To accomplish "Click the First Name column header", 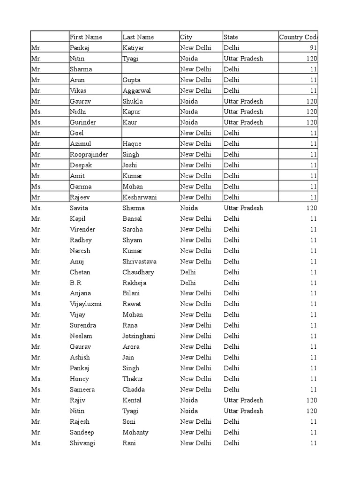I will pyautogui.click(x=86, y=37).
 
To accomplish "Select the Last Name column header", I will pyautogui.click(x=138, y=37).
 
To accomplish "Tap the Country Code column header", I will pyautogui.click(x=299, y=37).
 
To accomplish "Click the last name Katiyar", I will pyautogui.click(x=134, y=48).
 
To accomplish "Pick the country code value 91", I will pyautogui.click(x=313, y=48).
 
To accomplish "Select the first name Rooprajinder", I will pyautogui.click(x=89, y=154).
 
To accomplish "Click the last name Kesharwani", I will pyautogui.click(x=139, y=197).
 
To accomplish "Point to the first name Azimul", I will pyautogui.click(x=81, y=144).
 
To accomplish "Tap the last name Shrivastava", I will pyautogui.click(x=139, y=262).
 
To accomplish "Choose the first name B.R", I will pyautogui.click(x=76, y=283).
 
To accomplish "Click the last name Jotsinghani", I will pyautogui.click(x=139, y=336).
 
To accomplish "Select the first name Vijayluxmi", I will pyautogui.click(x=86, y=304).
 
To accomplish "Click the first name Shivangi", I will pyautogui.click(x=82, y=443).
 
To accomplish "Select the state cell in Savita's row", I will pyautogui.click(x=243, y=208).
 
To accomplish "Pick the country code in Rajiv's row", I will pyautogui.click(x=312, y=400).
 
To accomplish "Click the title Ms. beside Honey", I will pyautogui.click(x=36, y=379).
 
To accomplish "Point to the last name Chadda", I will pyautogui.click(x=134, y=390).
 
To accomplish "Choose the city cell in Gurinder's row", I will pyautogui.click(x=189, y=122).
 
